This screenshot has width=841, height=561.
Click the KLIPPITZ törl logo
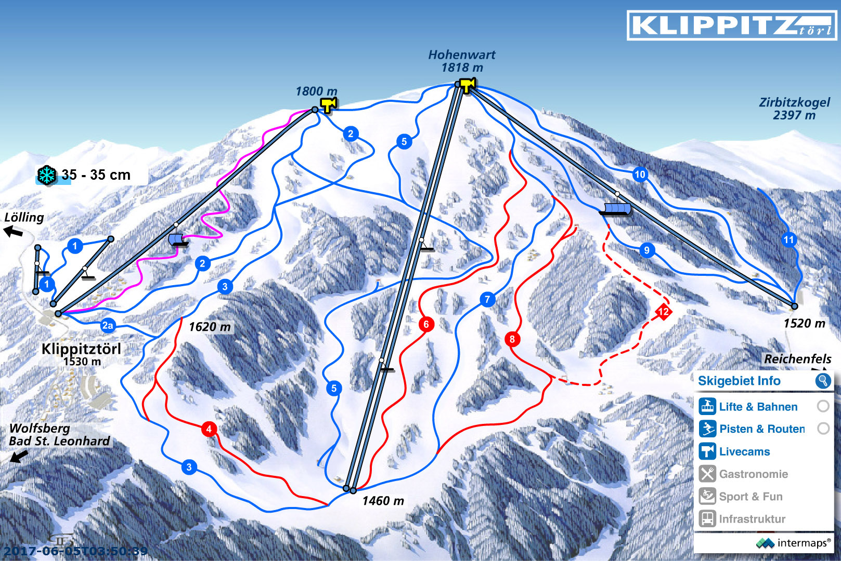coord(732,25)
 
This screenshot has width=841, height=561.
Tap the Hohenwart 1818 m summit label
coord(461,61)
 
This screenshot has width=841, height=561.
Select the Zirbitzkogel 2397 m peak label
coord(794,109)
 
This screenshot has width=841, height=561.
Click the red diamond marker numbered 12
coord(663,312)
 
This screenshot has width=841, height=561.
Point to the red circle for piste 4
coord(209,429)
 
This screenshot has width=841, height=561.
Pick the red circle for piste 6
coord(426,325)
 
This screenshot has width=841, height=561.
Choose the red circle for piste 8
coord(512,339)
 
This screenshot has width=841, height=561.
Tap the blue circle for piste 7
coord(487,299)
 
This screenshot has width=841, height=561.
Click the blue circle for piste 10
coord(640,175)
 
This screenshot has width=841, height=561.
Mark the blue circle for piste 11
coord(789,239)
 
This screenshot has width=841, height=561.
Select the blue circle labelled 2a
coord(108,326)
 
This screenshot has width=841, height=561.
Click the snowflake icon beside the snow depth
coord(46,175)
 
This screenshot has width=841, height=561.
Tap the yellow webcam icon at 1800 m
coord(328,105)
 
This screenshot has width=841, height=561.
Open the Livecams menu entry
coord(744,451)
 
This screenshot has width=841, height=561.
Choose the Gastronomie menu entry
coord(753,474)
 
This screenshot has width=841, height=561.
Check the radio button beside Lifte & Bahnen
coord(823,406)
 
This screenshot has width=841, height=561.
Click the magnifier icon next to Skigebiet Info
coord(823,381)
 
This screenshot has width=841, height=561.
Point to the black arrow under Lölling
coord(14,231)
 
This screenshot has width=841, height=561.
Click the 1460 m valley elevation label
coord(383,501)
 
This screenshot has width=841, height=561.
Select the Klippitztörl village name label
coord(81,349)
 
